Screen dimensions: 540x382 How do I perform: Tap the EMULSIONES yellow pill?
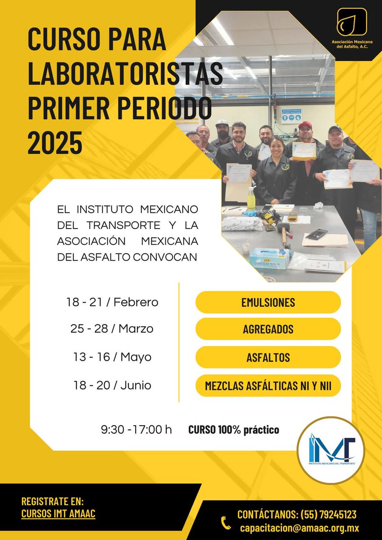[x=268, y=302]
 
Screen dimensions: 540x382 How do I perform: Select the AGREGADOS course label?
[x=268, y=329]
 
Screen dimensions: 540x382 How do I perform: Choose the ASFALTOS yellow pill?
[x=268, y=358]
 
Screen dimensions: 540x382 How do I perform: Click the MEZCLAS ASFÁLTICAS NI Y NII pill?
[x=268, y=386]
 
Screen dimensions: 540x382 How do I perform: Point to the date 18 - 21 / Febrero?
[x=112, y=302]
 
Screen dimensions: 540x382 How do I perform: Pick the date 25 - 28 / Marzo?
[x=112, y=329]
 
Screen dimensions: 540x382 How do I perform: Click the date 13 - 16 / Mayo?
[x=112, y=357]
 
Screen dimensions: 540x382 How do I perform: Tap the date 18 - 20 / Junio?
[x=112, y=386]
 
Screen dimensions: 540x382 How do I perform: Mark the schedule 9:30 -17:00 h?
[x=136, y=430]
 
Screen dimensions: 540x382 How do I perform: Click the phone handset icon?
[x=226, y=522]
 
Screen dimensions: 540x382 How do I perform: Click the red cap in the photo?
[x=305, y=125]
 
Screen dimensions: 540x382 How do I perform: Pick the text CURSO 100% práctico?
[x=234, y=430]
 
